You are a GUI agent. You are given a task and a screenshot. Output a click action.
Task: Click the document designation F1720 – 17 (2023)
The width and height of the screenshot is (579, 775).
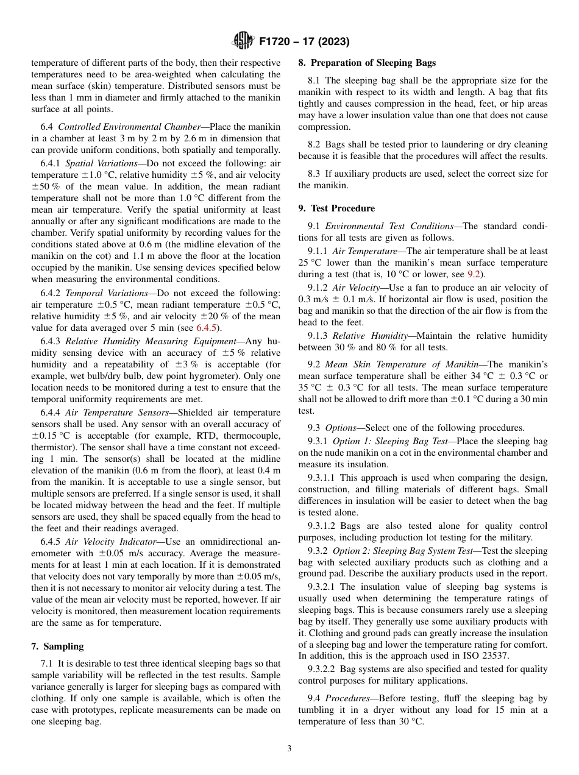point(304,42)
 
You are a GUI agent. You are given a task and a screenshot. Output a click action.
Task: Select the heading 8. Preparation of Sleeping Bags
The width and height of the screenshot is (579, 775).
point(367,63)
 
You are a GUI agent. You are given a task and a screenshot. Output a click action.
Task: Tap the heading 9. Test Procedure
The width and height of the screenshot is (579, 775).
point(336,208)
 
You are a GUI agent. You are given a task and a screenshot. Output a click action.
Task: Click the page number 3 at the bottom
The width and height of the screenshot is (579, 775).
point(289,748)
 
